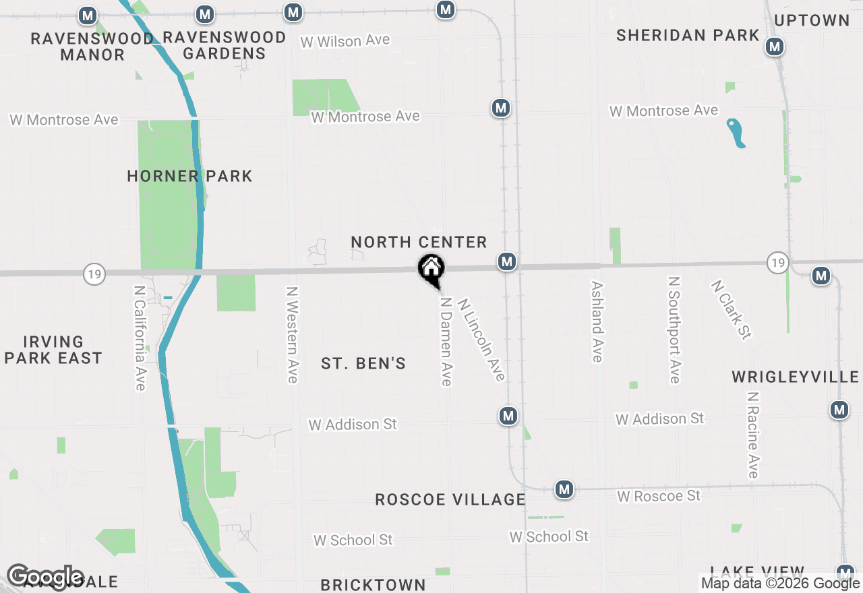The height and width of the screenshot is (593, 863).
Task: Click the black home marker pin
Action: (431, 270)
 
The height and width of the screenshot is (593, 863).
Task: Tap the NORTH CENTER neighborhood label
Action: (419, 242)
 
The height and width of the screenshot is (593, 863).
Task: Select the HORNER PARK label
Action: (189, 177)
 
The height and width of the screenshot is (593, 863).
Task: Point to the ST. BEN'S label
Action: (363, 364)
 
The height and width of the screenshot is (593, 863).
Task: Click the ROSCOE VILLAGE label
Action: (450, 499)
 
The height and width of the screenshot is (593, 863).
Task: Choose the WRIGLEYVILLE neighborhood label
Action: (796, 377)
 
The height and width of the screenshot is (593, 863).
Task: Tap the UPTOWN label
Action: (812, 20)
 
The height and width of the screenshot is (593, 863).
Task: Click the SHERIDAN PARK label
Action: (688, 35)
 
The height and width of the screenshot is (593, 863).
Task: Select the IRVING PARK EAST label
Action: (53, 350)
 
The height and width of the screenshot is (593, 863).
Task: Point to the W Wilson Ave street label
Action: (345, 41)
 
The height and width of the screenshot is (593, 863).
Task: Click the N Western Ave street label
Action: (292, 335)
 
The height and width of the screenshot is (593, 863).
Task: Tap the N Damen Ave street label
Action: (445, 341)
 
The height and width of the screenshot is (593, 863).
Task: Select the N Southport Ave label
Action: (674, 330)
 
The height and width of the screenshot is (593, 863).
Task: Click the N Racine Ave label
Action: (752, 435)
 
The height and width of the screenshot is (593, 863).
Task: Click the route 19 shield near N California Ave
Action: (95, 274)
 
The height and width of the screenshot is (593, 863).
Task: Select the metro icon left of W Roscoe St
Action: (564, 490)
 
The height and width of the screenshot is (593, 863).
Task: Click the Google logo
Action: (44, 578)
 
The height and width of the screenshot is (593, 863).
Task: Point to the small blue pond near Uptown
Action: (736, 133)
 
